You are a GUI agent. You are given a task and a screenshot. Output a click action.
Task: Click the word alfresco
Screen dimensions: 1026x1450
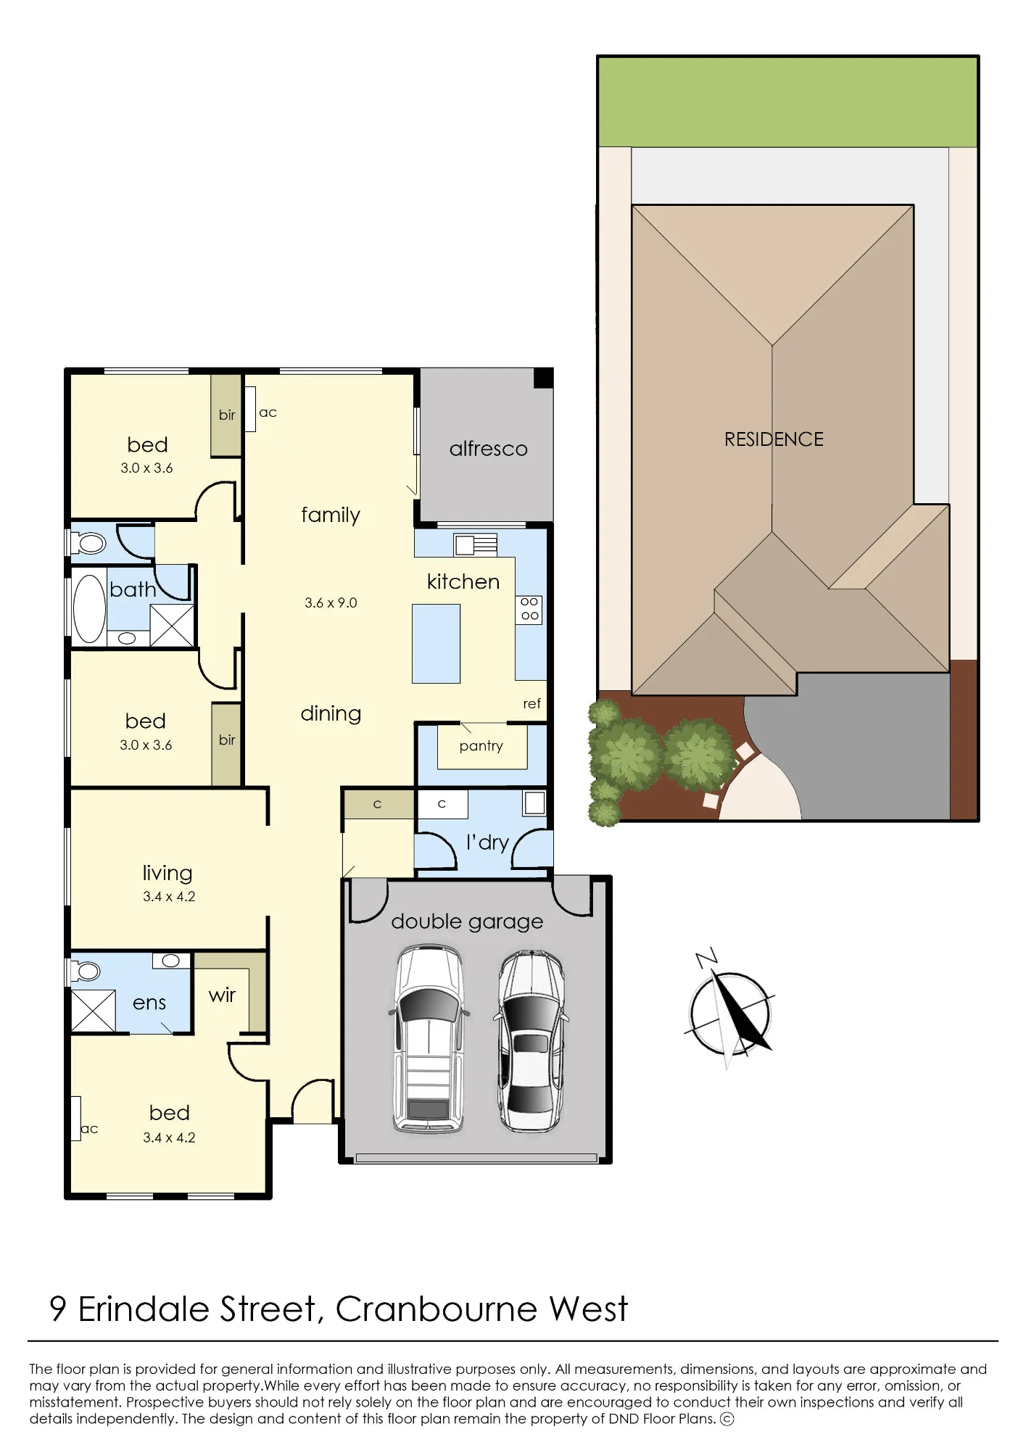click(x=488, y=449)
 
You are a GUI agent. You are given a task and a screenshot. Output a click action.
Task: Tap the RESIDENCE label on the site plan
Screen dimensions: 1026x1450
click(x=774, y=439)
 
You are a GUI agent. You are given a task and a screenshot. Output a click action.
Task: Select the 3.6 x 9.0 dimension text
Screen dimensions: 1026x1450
click(x=331, y=602)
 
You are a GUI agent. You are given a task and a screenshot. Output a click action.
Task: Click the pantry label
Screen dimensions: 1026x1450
click(x=481, y=746)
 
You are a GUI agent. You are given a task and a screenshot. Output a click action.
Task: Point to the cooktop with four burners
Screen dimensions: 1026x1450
click(x=529, y=609)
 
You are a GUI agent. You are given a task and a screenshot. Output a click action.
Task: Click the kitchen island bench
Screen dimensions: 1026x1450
click(x=436, y=644)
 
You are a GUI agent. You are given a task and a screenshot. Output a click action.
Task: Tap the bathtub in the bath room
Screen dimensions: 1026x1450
click(x=89, y=609)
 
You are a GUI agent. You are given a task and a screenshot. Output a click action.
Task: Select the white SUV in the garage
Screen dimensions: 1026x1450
click(x=429, y=1037)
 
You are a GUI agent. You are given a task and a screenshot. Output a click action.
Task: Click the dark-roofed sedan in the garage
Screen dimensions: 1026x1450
click(x=531, y=1040)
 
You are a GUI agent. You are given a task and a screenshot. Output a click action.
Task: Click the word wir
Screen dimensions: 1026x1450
click(x=222, y=995)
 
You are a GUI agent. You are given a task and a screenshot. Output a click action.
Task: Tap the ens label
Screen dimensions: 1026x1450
click(x=149, y=1003)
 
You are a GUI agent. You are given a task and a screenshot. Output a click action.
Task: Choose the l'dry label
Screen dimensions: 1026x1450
click(x=487, y=842)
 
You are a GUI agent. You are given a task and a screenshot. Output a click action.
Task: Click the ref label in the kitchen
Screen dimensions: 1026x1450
click(x=531, y=703)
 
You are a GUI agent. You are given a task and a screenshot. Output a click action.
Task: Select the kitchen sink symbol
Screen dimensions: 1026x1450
click(x=476, y=544)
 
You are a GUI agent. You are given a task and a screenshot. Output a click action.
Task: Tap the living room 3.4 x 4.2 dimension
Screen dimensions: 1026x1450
click(x=169, y=896)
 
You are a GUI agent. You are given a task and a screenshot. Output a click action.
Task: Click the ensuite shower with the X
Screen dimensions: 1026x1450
click(x=94, y=1010)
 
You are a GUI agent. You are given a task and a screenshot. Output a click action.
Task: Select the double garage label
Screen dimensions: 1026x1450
click(x=467, y=921)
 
